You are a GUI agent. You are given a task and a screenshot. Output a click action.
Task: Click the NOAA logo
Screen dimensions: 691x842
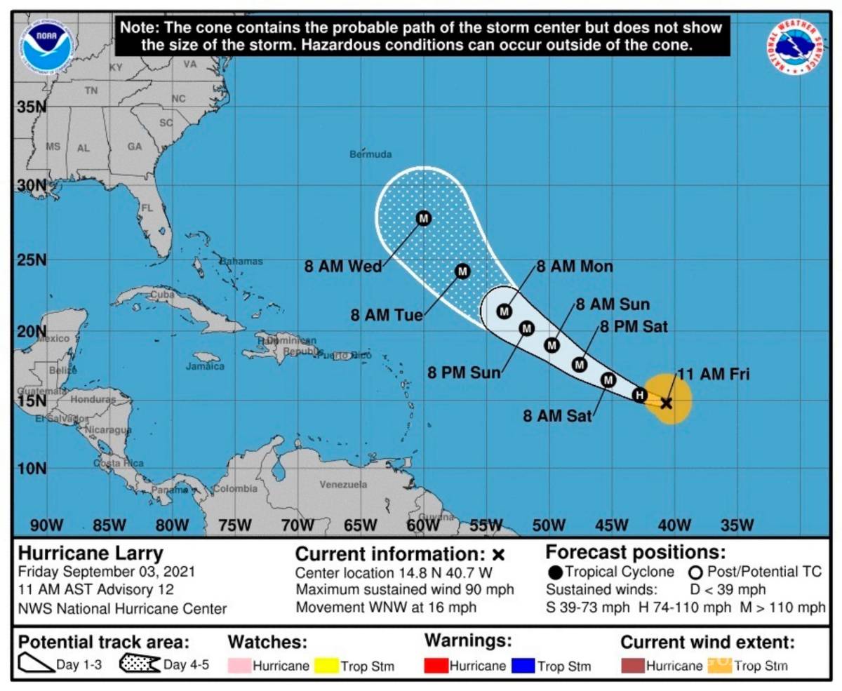48,46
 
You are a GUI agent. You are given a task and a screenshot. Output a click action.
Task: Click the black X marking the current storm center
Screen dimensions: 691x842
666,403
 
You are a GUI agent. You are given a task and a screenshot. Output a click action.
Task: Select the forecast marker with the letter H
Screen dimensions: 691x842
639,395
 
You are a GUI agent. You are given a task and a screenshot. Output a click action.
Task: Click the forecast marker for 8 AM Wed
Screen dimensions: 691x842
424,218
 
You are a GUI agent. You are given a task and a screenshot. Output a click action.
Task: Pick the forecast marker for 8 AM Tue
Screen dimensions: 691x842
462,271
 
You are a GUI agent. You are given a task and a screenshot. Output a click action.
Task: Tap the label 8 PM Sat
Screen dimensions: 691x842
633,326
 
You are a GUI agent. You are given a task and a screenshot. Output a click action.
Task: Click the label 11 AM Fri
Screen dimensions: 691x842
714,375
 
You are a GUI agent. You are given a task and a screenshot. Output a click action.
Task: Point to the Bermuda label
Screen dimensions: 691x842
370,154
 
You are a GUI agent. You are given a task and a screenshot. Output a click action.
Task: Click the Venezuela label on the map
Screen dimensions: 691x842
343,484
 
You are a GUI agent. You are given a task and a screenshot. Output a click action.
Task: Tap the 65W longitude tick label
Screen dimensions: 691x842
361,525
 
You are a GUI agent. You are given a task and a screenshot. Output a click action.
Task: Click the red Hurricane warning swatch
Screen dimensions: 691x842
436,665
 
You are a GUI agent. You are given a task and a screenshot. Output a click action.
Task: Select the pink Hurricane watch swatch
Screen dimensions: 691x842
239,665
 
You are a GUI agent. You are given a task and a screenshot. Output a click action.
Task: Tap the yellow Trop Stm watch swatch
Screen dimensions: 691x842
328,665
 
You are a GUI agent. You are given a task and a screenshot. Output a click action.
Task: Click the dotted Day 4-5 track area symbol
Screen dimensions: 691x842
140,664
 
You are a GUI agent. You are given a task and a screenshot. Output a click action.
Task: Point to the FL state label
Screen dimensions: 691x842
147,208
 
